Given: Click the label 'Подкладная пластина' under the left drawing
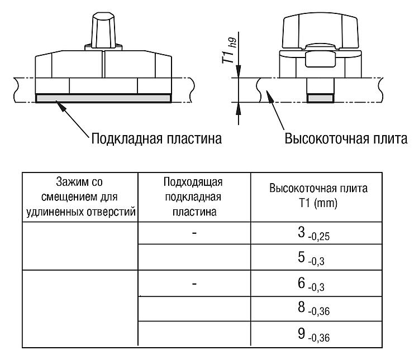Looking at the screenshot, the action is (x=156, y=139).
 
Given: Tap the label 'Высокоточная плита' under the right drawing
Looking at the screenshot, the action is (x=346, y=139).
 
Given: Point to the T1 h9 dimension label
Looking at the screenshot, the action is (x=230, y=51).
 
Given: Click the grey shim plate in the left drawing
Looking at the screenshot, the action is (x=104, y=98).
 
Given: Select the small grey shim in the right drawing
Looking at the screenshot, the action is (x=321, y=98).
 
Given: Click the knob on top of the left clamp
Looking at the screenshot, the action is (x=104, y=30).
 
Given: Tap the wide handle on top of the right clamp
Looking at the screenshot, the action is (x=321, y=31).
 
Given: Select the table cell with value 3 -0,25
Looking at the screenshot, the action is (x=316, y=233).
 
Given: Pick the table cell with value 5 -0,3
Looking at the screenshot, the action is (x=316, y=257).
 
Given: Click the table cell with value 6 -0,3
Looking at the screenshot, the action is (x=316, y=283).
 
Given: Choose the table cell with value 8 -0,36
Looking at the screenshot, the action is (x=316, y=309).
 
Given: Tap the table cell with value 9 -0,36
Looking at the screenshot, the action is (x=316, y=334).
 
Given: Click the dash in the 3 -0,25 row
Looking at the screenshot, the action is (x=194, y=233).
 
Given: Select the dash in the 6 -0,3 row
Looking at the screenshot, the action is (x=194, y=283).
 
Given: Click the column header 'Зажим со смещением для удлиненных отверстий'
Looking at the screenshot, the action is (x=80, y=197).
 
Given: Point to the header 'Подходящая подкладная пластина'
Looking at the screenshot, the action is (x=193, y=197).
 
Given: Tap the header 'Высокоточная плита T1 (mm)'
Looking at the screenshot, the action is (x=318, y=196).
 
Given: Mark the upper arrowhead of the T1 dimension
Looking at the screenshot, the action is (x=239, y=71).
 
